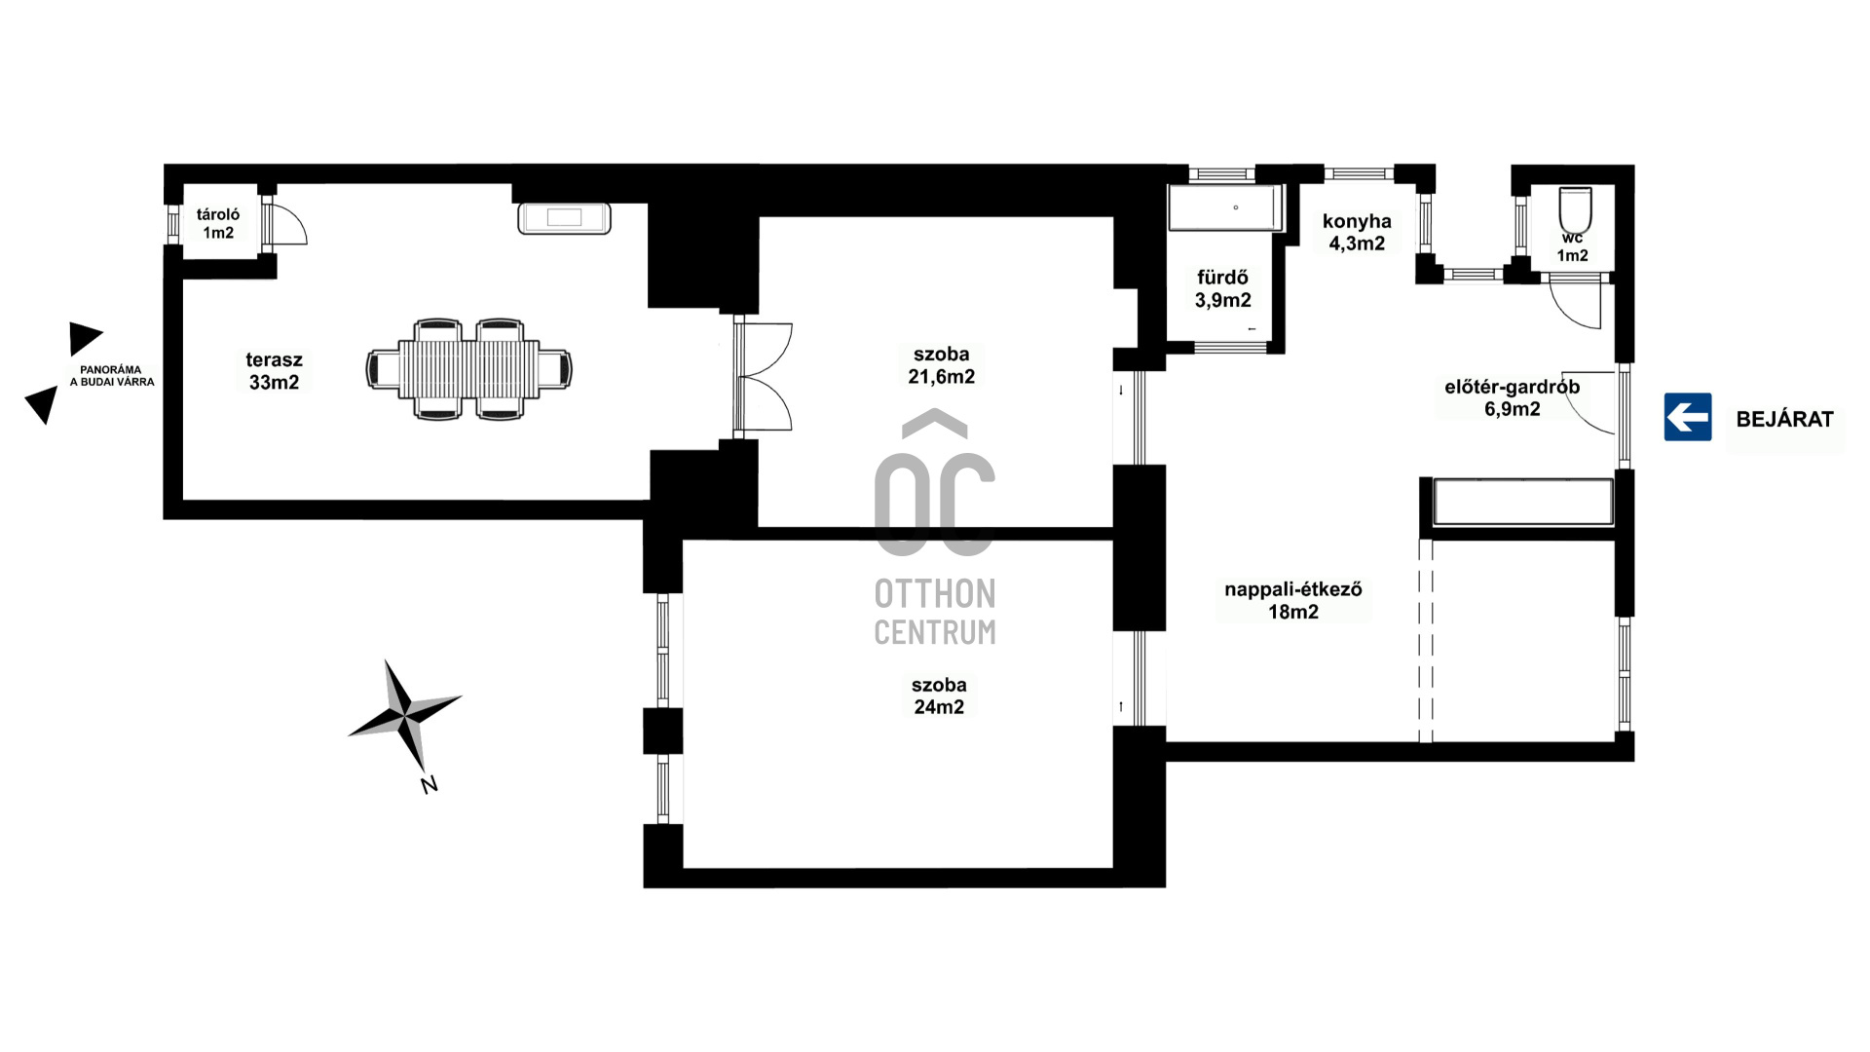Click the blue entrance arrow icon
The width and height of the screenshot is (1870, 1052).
click(x=1688, y=417)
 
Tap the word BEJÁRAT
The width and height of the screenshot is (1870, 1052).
click(x=1784, y=420)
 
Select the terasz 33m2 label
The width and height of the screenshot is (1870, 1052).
click(x=274, y=371)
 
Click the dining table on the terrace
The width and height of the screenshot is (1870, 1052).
click(x=468, y=369)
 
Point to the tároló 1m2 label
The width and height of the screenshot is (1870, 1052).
click(x=218, y=223)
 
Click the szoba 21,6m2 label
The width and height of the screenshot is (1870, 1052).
click(x=941, y=365)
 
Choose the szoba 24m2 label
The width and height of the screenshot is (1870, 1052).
click(x=939, y=695)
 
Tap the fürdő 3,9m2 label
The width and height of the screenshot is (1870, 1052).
click(x=1223, y=289)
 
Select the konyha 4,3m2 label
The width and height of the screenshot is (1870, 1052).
click(x=1357, y=232)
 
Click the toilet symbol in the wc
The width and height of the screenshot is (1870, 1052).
click(x=1575, y=208)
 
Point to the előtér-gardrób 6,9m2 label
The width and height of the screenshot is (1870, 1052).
click(x=1512, y=397)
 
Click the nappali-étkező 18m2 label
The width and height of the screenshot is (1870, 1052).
click(x=1293, y=600)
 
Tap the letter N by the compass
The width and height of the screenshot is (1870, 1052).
click(x=429, y=784)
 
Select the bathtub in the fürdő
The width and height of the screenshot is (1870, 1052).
click(x=1224, y=208)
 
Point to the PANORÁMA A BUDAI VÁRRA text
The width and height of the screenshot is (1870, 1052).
click(x=112, y=376)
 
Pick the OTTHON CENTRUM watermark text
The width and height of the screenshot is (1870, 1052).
click(x=935, y=612)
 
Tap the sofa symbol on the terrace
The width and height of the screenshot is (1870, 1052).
click(x=564, y=218)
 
